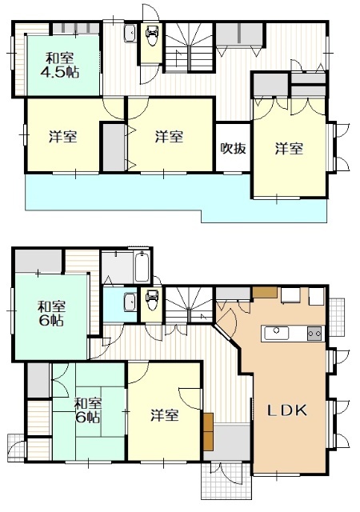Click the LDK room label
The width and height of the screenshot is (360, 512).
point(287,410)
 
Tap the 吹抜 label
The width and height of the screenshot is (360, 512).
point(233,148)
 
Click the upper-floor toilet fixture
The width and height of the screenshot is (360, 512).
point(152,35)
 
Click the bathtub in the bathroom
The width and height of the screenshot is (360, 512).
point(142,266)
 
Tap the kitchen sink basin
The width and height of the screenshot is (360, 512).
point(276,334)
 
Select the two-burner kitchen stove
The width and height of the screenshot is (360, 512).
point(315,334)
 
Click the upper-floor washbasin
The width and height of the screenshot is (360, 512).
point(130,33)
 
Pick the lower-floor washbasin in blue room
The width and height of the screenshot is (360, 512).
point(130,302)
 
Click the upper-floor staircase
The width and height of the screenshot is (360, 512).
point(189,47)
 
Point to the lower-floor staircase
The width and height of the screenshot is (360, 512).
point(189,305)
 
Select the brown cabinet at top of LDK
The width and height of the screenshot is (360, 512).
point(265,292)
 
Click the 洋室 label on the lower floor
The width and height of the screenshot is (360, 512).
point(165,415)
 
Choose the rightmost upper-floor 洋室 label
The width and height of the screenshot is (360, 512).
point(289,149)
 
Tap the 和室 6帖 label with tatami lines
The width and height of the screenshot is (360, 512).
point(88,410)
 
